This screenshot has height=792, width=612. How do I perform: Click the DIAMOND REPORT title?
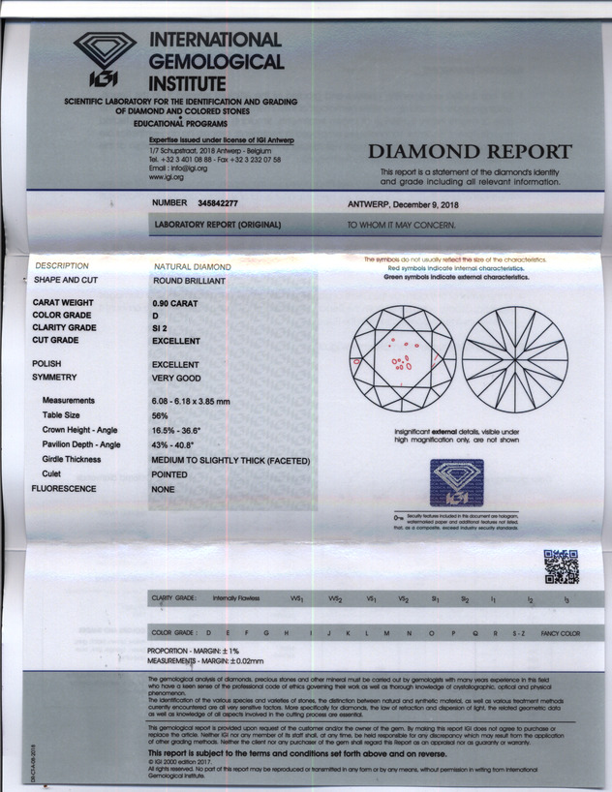[x=470, y=151]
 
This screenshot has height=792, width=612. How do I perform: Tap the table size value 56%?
[x=162, y=414]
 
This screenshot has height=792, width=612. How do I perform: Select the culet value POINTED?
[x=169, y=475]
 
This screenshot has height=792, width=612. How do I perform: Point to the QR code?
[x=560, y=565]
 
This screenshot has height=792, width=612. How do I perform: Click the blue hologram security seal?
[x=457, y=482]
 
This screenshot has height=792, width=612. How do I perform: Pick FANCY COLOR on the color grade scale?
[x=560, y=633]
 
